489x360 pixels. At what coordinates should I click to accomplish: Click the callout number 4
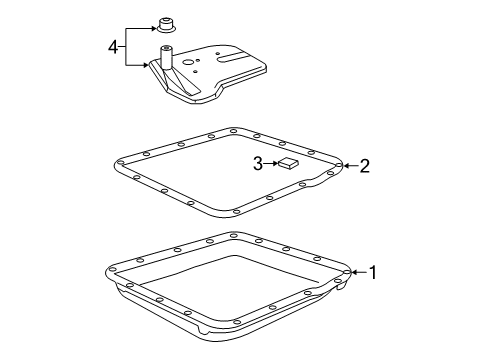click(x=113, y=47)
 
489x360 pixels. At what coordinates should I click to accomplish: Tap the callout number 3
click(x=258, y=164)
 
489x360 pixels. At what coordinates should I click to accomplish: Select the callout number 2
click(x=365, y=166)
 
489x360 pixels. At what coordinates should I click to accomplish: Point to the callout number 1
click(x=373, y=272)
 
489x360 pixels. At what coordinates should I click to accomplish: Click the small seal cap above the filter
click(x=166, y=26)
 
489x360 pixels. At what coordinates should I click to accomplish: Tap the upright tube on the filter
click(x=166, y=57)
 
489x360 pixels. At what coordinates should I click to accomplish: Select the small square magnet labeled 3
click(x=289, y=163)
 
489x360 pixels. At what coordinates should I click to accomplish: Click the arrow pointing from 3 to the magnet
click(x=271, y=163)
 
